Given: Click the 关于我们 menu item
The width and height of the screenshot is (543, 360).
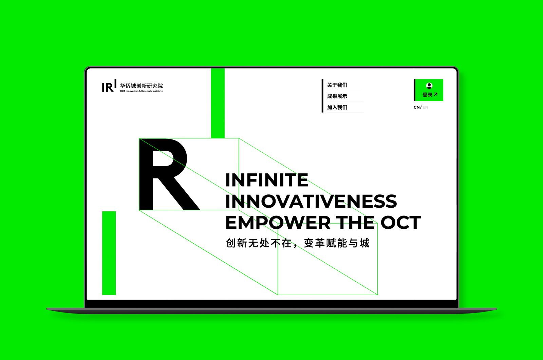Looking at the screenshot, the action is click(x=337, y=85).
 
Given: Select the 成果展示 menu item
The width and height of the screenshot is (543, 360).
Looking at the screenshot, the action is click(x=337, y=96).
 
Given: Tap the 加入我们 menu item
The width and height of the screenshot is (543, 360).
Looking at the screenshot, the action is click(x=337, y=108).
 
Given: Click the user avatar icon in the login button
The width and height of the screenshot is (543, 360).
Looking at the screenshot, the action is click(x=429, y=86).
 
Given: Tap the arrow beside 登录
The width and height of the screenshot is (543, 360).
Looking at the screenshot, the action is click(x=436, y=94).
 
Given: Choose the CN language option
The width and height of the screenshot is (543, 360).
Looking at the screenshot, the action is click(x=416, y=107).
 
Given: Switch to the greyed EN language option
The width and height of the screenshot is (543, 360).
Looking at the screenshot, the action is click(x=426, y=107).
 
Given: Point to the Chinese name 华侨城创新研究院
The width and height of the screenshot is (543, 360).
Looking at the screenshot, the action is click(x=141, y=86).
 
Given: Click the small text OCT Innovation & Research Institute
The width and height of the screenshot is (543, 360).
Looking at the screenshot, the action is click(x=141, y=91).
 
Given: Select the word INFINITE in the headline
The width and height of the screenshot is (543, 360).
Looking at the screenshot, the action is click(x=267, y=180).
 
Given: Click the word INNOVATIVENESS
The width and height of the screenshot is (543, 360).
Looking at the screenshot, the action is click(x=311, y=201).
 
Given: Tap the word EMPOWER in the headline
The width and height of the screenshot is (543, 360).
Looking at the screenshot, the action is click(x=278, y=222).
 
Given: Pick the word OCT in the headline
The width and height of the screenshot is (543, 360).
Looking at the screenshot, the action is click(x=401, y=222).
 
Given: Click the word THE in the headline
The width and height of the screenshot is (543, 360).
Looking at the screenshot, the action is click(x=355, y=222).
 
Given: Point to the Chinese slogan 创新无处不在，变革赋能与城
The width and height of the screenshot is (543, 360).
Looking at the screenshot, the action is click(x=298, y=243).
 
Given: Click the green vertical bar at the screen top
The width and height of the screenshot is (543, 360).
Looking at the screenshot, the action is click(x=218, y=103).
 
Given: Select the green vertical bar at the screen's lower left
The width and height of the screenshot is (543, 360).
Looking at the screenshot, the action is click(x=109, y=253).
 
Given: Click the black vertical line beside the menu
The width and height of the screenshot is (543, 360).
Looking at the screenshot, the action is click(x=322, y=96).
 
